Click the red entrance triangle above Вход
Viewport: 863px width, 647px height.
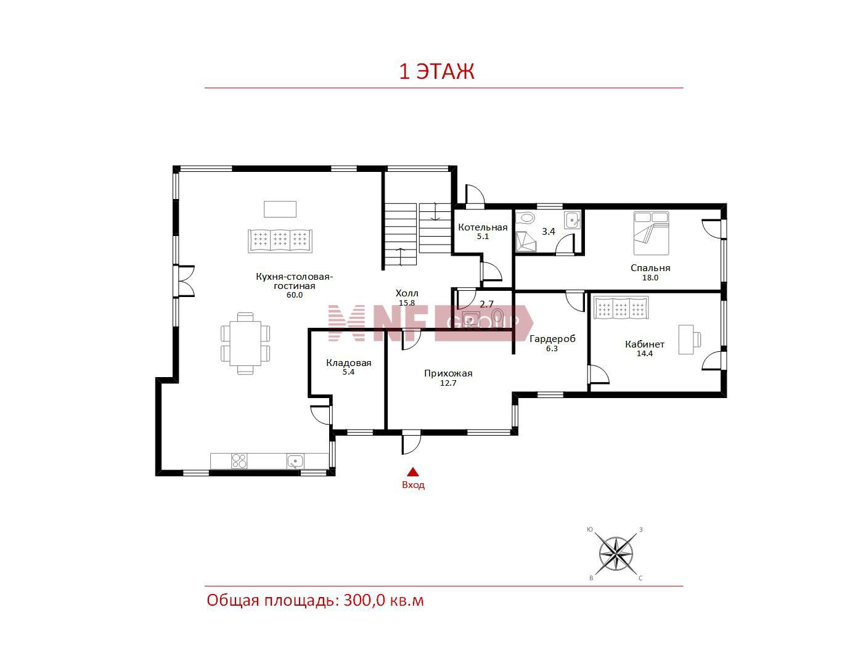click(412, 472)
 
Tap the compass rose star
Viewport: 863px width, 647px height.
click(616, 555)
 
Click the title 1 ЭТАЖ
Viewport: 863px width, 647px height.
click(436, 71)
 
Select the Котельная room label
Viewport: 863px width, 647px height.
click(483, 227)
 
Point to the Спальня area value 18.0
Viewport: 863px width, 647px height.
click(650, 278)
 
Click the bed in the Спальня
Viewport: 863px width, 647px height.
click(651, 234)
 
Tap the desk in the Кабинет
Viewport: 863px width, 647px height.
click(686, 339)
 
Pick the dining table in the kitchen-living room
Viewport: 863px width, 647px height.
click(245, 343)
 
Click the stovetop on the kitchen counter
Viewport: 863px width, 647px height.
click(239, 461)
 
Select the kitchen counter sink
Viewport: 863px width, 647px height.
click(295, 461)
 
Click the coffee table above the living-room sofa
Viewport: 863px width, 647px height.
click(280, 209)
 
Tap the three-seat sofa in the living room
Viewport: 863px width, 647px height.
click(280, 241)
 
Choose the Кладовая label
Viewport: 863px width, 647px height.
click(349, 363)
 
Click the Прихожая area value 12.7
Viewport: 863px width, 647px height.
click(448, 383)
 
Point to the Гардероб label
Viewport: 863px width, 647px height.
click(552, 339)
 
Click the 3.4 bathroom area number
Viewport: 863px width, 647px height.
click(548, 232)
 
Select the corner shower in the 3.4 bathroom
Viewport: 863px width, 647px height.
click(526, 241)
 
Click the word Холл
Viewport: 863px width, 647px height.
click(406, 293)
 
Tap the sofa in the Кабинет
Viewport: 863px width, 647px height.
click(621, 308)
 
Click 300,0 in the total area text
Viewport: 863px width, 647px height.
click(364, 601)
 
